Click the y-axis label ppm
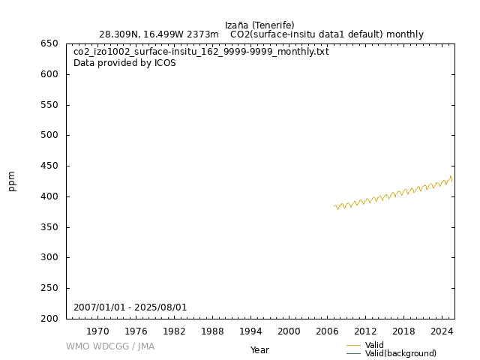12,181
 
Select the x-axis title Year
259,350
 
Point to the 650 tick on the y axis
49,43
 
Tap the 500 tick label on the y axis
49,136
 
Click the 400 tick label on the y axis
49,196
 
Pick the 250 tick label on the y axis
49,288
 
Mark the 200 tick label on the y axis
49,319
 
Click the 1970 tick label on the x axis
97,331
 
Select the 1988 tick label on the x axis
212,331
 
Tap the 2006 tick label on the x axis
327,331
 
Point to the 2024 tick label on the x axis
442,331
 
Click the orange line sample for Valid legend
353,345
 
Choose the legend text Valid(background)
400,353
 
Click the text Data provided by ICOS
124,63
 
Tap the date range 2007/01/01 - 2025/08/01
130,307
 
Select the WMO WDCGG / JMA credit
110,346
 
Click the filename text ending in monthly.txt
201,52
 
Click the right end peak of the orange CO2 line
451,176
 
